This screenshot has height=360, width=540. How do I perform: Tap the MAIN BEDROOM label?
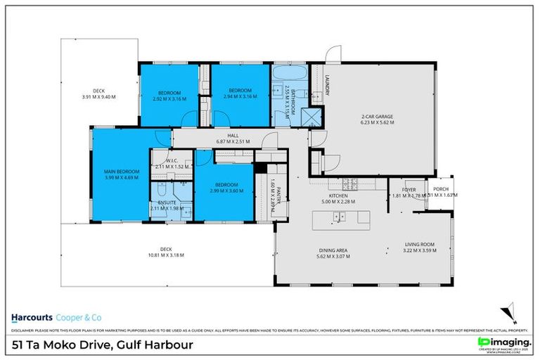[x=122, y=172]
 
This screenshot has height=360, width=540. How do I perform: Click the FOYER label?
[x=409, y=190]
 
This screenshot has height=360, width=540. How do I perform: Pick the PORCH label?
[x=441, y=189]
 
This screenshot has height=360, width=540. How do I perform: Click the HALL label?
[x=231, y=136]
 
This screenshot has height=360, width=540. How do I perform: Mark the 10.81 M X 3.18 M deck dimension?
[x=166, y=255]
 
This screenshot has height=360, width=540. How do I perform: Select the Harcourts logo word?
[x=31, y=315]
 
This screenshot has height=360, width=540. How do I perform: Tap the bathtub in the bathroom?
[x=289, y=73]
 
